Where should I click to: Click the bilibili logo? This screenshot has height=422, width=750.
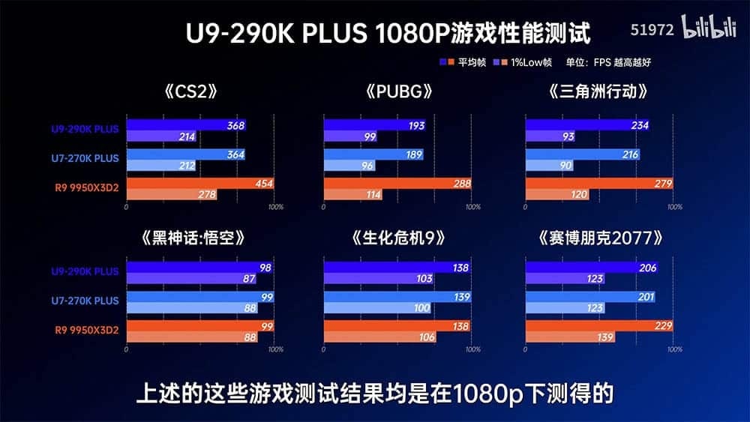[x=709, y=26]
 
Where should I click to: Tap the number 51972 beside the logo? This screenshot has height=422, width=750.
[x=652, y=30]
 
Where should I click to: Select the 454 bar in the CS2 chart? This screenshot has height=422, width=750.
[x=200, y=184]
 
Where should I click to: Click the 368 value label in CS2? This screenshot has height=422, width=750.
[x=235, y=126]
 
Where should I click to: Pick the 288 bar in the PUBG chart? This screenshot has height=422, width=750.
[x=397, y=184]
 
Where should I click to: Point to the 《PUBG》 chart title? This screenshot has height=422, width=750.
[x=399, y=91]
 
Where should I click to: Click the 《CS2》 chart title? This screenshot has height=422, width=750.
[x=190, y=91]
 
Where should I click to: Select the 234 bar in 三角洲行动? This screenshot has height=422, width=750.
[x=587, y=125]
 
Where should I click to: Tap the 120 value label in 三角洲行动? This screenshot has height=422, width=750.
[x=579, y=195]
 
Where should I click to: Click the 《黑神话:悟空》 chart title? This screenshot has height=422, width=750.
[x=193, y=238]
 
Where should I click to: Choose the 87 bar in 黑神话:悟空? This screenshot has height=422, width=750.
[x=191, y=279]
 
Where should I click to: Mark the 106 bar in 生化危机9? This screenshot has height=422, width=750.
[x=379, y=337]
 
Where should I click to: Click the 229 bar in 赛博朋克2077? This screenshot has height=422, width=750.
[x=599, y=326]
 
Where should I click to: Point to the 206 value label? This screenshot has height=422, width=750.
[x=648, y=268]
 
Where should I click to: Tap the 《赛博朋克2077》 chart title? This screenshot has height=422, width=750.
[x=601, y=238]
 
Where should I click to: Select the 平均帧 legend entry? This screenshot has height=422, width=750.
[x=463, y=62]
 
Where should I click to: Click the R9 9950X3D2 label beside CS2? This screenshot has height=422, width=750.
[x=86, y=188]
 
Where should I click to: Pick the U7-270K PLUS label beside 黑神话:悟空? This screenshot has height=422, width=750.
[x=85, y=301]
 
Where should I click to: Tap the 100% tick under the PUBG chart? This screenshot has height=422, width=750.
[x=473, y=207]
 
